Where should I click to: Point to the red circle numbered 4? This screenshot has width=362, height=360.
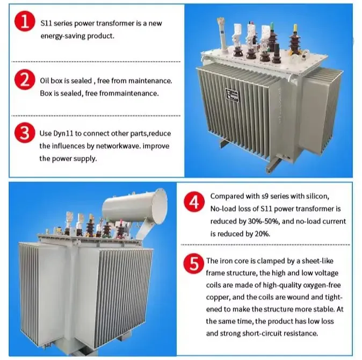194,204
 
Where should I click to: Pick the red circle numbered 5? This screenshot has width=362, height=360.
194,264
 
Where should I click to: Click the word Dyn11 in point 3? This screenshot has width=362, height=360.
63,133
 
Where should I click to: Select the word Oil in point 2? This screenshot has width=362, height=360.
45,81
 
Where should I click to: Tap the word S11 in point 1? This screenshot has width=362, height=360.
46,24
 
